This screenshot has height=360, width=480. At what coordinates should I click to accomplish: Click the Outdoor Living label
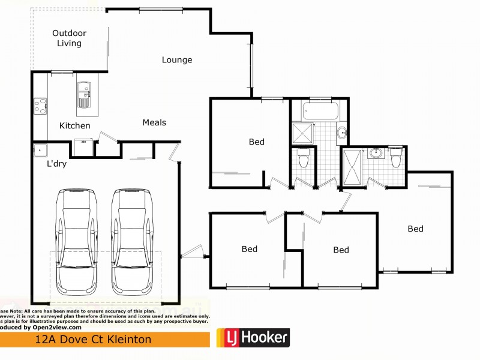[69, 38]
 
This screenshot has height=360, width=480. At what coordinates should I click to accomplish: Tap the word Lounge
[177, 60]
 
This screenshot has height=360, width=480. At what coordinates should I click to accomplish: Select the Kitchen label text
[75, 126]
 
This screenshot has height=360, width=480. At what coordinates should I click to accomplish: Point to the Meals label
[154, 122]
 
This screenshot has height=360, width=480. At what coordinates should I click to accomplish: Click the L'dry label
[56, 163]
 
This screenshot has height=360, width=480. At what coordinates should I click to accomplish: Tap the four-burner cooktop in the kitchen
[40, 106]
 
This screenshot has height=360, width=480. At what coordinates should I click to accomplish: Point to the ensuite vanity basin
[376, 153]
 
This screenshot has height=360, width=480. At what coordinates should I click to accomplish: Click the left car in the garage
[76, 246]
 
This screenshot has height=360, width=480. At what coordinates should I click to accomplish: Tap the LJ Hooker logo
[253, 338]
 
